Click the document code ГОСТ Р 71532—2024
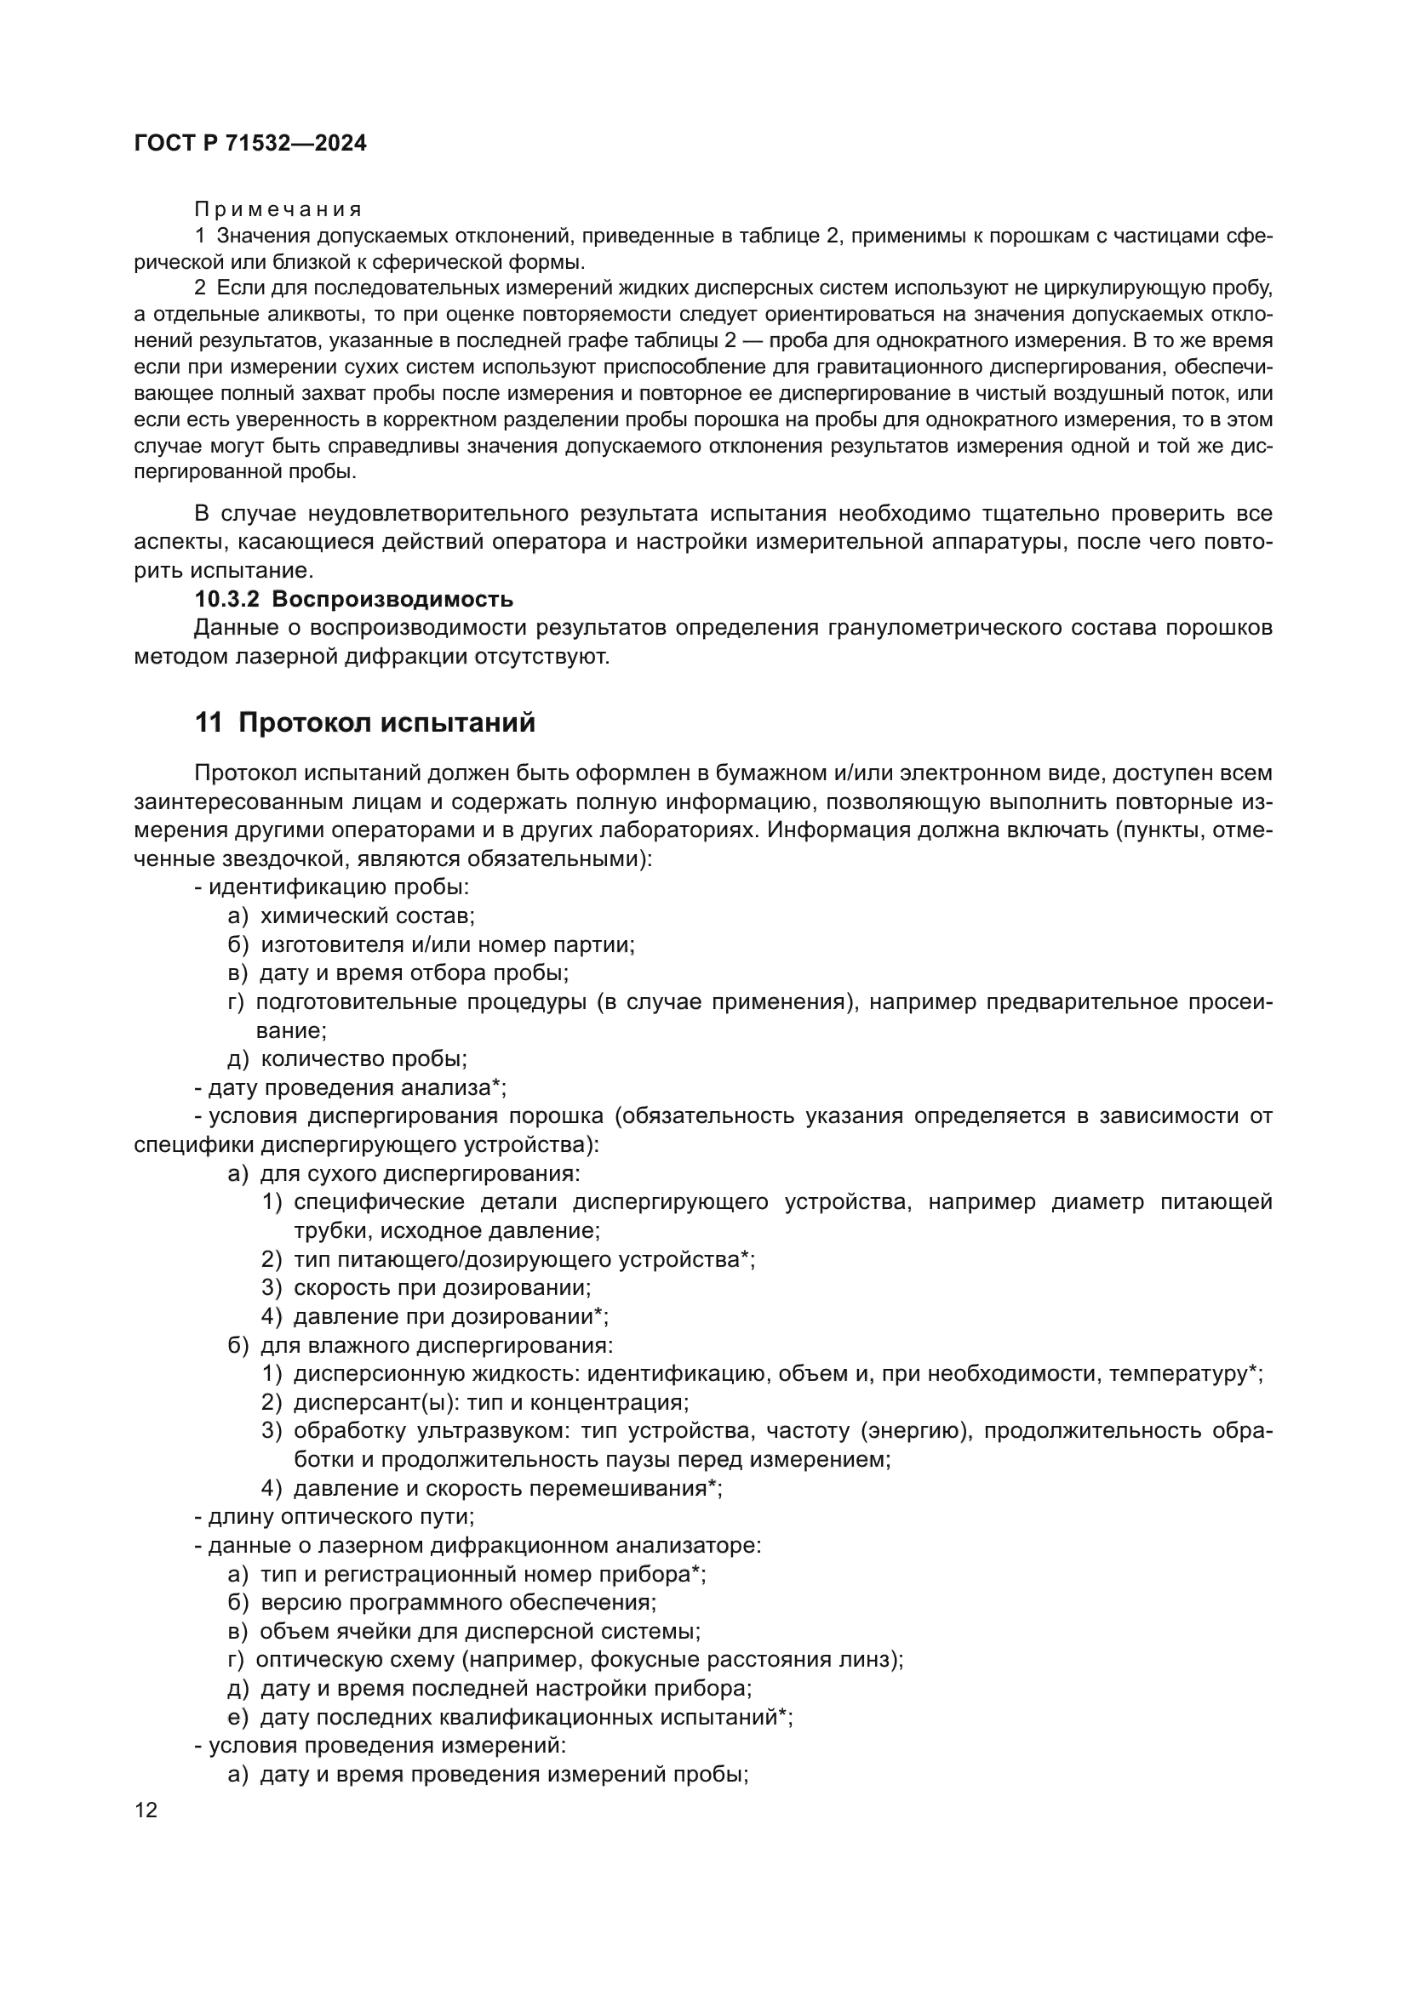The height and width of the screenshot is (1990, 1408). pos(250,144)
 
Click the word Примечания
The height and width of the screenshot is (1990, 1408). pos(278,209)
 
